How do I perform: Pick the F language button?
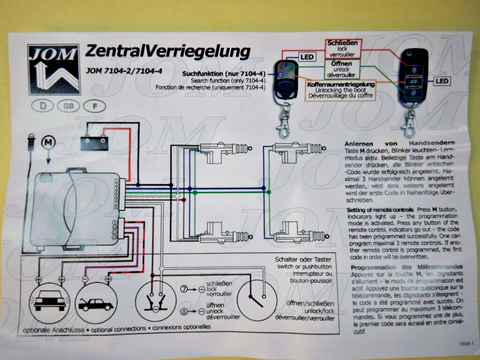(95, 106)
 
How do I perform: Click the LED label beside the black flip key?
(442, 81)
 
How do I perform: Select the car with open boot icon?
(96, 304)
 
